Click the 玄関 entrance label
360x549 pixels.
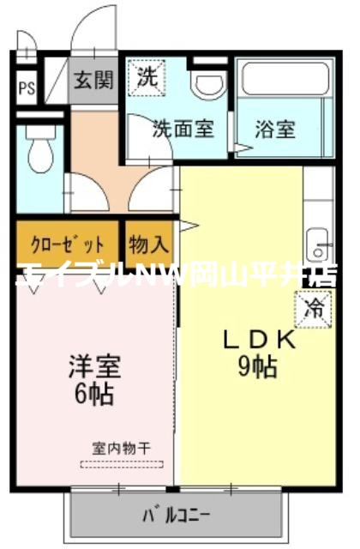pyautogui.click(x=93, y=81)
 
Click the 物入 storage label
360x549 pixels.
pyautogui.click(x=149, y=244)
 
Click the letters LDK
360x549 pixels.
pyautogui.click(x=259, y=340)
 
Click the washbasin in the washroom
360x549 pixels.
pyautogui.click(x=207, y=84)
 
